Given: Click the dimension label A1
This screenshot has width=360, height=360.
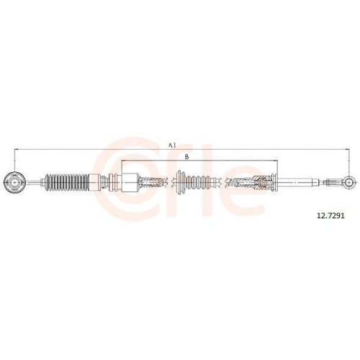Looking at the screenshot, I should tap(172, 145).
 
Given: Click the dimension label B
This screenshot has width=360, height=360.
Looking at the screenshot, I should tap(187, 156).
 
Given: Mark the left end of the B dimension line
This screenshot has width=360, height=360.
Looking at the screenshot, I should tap(123, 161).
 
